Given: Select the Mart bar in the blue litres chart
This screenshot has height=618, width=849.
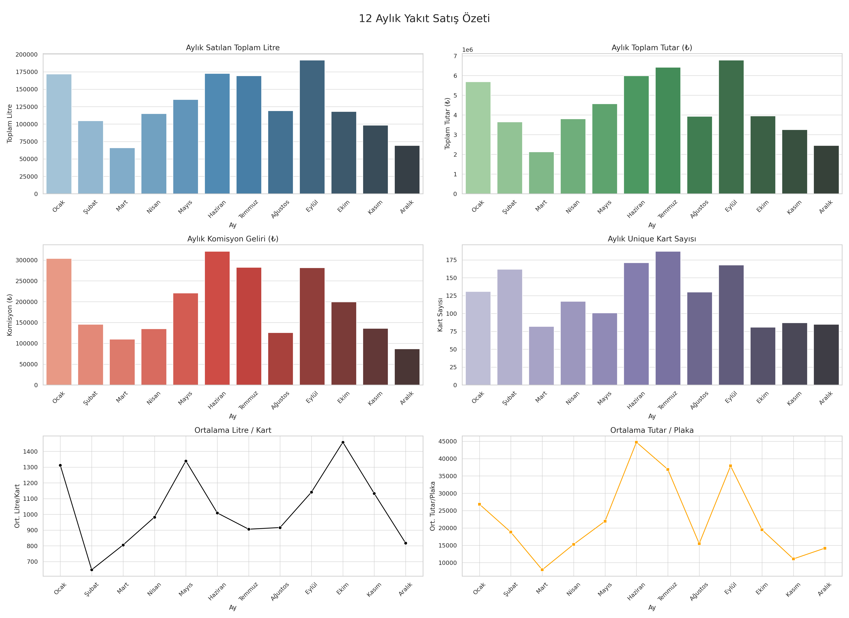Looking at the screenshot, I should (x=122, y=171).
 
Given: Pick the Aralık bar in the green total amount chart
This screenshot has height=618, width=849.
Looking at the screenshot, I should (x=826, y=170).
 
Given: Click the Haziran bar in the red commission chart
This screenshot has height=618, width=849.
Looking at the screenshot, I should (x=217, y=318).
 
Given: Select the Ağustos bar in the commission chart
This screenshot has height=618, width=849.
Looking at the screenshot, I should (x=280, y=359).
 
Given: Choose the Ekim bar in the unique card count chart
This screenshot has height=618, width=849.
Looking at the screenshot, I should (x=763, y=356).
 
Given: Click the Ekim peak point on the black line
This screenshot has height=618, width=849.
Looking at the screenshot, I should (x=343, y=442).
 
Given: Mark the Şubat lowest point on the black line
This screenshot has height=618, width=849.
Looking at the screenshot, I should (x=92, y=570).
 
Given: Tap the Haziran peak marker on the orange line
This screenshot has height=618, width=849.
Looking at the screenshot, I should (x=636, y=442).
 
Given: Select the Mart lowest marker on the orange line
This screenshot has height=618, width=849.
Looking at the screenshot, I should (x=542, y=570).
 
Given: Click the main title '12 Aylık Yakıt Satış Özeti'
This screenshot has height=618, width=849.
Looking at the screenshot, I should (x=424, y=18).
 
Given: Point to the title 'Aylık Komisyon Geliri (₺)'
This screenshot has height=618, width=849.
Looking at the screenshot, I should (x=233, y=239).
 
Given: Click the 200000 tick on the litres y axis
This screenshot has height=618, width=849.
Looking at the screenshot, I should (x=27, y=55).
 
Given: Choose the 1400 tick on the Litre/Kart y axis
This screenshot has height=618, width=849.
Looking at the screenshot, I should (x=30, y=452).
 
